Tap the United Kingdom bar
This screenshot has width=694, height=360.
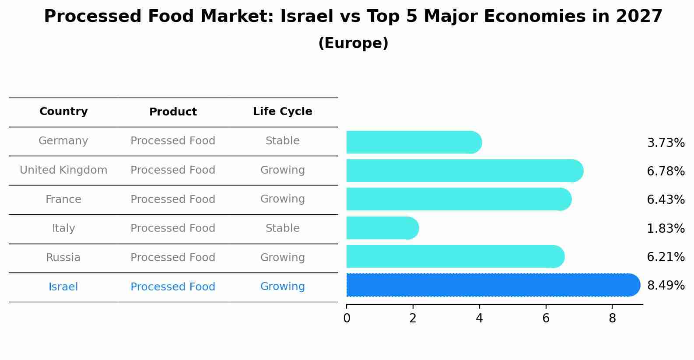(x=464, y=171)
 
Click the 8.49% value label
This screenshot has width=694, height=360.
(x=666, y=286)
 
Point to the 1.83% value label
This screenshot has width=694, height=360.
(x=666, y=228)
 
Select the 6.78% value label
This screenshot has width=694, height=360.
(x=666, y=171)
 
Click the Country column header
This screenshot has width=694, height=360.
(x=63, y=112)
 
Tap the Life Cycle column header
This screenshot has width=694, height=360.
(x=282, y=112)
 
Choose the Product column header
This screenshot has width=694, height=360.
(x=173, y=112)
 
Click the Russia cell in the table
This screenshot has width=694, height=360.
(x=63, y=258)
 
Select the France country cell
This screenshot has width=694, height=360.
(x=63, y=199)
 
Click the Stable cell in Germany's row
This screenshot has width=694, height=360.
(x=282, y=141)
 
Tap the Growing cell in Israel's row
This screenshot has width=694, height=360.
(x=282, y=287)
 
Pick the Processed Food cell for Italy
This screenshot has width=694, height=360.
(x=173, y=228)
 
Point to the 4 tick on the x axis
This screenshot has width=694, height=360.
(x=479, y=318)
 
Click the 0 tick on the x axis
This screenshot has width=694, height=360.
(x=347, y=318)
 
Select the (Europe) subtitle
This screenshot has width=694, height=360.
(x=353, y=43)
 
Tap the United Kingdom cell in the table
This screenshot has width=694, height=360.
(x=63, y=170)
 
